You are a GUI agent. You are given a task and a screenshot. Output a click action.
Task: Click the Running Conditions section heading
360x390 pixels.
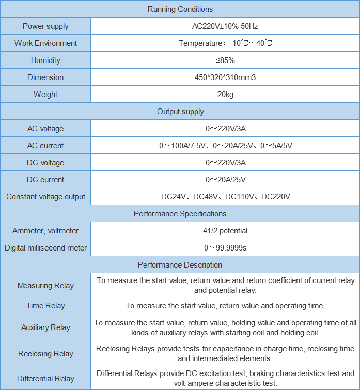180,9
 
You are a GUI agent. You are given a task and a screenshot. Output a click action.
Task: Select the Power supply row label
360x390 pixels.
45,26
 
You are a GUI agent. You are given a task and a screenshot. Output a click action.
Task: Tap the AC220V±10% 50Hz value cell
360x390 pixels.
225,26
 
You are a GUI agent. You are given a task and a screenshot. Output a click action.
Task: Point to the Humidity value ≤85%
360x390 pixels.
225,60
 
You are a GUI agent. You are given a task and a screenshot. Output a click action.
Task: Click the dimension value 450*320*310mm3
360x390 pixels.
225,77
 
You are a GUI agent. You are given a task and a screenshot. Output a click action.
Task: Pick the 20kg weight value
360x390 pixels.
225,95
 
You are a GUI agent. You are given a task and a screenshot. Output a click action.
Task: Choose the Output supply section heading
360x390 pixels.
180,112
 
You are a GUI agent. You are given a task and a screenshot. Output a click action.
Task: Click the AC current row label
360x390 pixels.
45,146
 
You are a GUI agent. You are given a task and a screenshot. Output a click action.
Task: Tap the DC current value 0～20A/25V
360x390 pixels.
225,180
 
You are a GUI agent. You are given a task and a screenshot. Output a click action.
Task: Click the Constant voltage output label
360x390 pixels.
45,197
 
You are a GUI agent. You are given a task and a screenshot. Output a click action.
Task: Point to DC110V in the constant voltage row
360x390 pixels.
241,197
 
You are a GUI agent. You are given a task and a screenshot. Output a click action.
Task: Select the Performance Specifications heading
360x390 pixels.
180,214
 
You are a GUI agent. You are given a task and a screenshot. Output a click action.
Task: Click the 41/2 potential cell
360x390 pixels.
225,231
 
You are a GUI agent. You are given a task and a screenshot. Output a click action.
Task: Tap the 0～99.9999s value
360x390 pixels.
225,248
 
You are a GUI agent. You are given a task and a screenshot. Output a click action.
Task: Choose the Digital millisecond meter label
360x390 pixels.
45,248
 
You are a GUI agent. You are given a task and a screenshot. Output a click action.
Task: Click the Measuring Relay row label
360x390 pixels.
45,286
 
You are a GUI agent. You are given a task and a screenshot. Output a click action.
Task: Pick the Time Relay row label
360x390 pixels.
45,306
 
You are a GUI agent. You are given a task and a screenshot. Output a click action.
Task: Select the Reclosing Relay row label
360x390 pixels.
45,354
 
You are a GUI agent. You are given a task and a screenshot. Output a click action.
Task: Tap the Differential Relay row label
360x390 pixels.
45,379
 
